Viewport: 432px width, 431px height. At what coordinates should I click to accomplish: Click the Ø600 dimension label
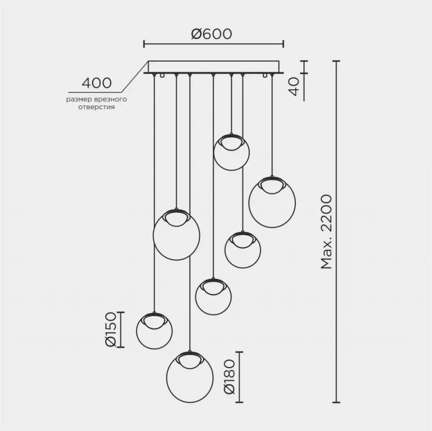point(212,34)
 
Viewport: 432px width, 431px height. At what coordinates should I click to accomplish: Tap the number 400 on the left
point(97,83)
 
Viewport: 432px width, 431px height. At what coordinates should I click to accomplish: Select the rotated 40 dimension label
point(294,86)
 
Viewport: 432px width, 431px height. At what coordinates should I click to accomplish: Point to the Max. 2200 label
point(327,232)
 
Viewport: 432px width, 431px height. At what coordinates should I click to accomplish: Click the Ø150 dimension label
point(111,329)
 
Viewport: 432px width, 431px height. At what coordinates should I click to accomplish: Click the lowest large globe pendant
point(190,377)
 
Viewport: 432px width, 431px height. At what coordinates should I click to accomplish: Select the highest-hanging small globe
point(232,152)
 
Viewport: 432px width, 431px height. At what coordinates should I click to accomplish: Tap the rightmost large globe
point(272,202)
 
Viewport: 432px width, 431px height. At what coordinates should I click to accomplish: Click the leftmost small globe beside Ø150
point(154,330)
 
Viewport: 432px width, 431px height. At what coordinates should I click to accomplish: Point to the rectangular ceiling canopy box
point(214,67)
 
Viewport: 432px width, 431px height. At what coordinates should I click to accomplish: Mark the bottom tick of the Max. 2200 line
point(336,402)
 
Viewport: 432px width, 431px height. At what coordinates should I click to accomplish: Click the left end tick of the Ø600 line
point(144,44)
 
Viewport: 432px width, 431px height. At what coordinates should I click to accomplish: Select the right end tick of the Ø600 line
point(283,44)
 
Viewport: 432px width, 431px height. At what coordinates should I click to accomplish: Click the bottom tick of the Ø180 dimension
point(239,402)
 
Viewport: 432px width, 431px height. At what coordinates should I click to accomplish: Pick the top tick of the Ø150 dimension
point(121,312)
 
